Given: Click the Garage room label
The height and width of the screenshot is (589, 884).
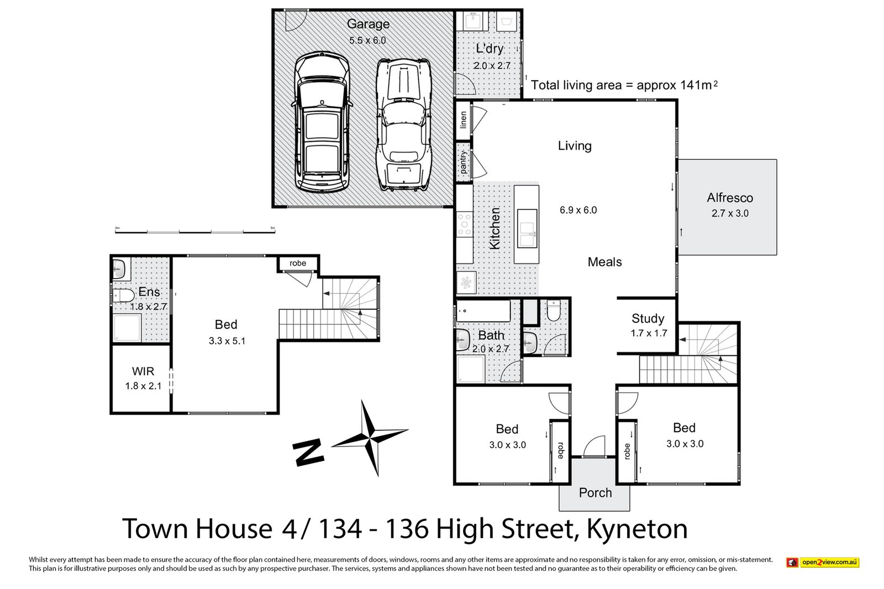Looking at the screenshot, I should tap(368, 24).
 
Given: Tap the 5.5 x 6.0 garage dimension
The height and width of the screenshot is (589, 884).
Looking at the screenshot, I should tap(367, 40).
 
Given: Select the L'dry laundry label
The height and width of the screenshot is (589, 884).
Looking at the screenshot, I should tap(490, 49).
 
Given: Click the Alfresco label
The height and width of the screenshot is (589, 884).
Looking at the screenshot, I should tap(730, 198).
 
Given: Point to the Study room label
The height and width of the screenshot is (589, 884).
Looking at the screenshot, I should tap(648, 319).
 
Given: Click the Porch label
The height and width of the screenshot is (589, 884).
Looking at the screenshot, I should tap(595, 493).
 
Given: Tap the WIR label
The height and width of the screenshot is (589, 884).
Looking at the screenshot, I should tap(143, 371).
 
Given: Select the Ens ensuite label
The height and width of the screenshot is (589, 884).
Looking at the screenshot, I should tap(149, 292).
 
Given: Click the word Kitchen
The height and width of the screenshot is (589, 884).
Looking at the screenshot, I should tap(495, 228).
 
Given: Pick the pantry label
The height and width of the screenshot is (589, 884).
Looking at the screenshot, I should tap(463, 162).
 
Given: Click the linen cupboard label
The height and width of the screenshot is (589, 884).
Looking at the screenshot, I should tap(463, 120).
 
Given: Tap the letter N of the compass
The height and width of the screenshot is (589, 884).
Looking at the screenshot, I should tap(308, 453).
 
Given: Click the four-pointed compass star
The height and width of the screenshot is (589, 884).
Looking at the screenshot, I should tap(369, 437).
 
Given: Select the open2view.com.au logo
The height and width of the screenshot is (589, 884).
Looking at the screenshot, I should tap(823, 562).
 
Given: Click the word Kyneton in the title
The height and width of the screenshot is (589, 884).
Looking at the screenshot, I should tap(636, 529).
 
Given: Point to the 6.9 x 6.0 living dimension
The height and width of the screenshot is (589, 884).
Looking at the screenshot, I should tap(578, 210).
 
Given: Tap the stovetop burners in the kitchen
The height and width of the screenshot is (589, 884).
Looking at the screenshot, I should tap(464, 225).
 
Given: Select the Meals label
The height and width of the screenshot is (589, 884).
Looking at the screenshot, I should tap(604, 262).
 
